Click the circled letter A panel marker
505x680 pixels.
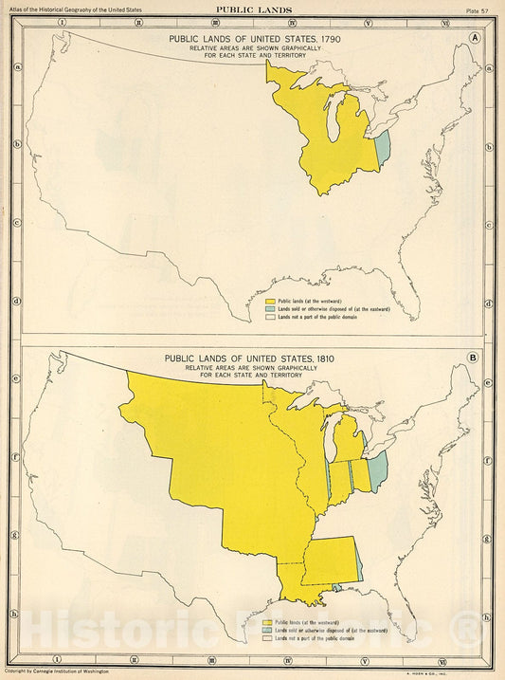472,38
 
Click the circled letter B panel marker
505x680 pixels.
472,358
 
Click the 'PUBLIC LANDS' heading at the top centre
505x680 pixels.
253,9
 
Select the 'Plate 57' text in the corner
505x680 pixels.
479,9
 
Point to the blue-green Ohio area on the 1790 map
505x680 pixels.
383,151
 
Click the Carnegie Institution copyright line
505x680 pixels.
57,671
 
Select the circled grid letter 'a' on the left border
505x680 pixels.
16,66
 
